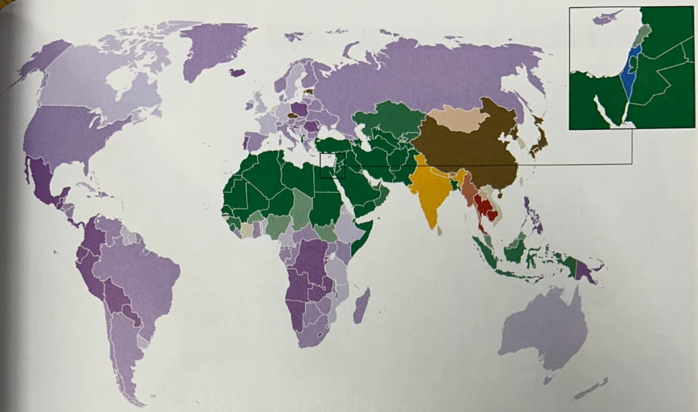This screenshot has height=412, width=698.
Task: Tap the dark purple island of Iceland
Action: coord(236,72)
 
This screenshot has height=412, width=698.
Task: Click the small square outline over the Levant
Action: coord(332,165)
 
